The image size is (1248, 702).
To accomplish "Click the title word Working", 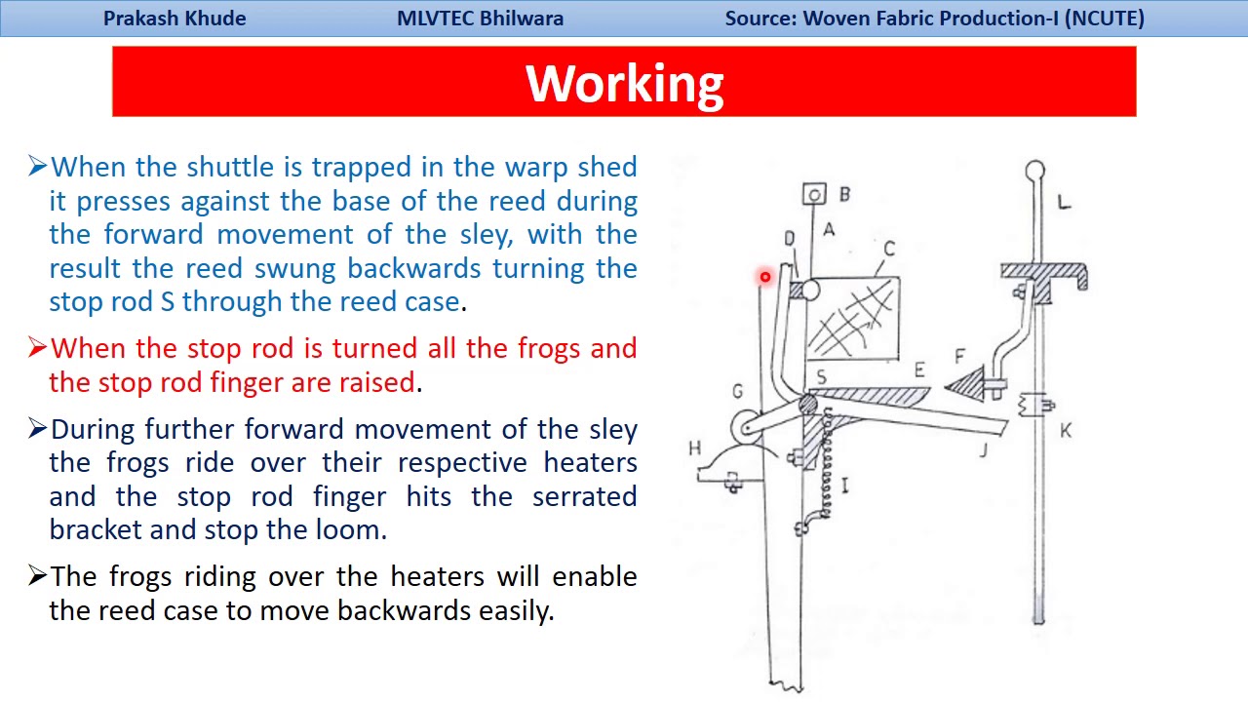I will [624, 84].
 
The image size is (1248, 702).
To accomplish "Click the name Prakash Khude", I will [175, 19].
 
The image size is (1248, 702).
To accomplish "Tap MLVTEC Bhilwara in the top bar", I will [480, 19].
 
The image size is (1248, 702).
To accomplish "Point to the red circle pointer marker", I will [765, 278].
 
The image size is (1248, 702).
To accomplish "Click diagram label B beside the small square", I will [844, 194].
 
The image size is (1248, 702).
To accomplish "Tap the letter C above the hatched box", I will [888, 249].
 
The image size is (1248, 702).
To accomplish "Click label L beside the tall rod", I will [1064, 202].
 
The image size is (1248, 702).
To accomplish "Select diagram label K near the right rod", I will [1066, 430].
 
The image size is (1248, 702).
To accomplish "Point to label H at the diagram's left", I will [694, 448].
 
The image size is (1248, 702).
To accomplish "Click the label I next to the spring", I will [844, 485].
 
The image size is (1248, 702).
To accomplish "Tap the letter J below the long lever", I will [984, 449].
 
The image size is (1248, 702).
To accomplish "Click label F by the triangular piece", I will [960, 357].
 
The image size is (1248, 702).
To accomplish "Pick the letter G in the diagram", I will [737, 392].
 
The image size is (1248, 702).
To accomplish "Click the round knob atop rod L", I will [1035, 172].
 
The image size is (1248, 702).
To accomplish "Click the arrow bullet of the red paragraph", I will [38, 348].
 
